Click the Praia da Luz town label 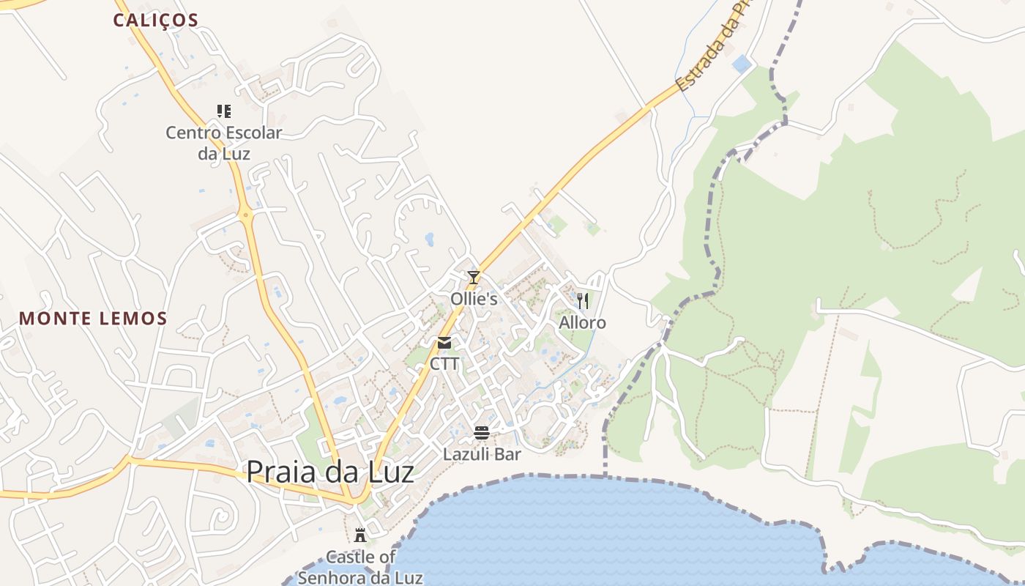click(329, 472)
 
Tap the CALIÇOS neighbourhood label click(155, 21)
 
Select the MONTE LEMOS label click(93, 319)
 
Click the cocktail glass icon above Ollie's click(474, 278)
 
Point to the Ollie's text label click(474, 299)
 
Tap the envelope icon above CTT click(444, 343)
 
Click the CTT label click(444, 363)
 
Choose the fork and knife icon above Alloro click(583, 301)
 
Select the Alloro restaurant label click(583, 322)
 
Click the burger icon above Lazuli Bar click(482, 433)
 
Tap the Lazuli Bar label click(482, 454)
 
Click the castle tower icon click(360, 535)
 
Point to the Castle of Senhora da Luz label click(361, 567)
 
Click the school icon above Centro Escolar click(224, 111)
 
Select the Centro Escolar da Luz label click(224, 143)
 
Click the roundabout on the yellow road click(245, 215)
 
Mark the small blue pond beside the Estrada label click(741, 64)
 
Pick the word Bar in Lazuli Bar click(507, 454)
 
